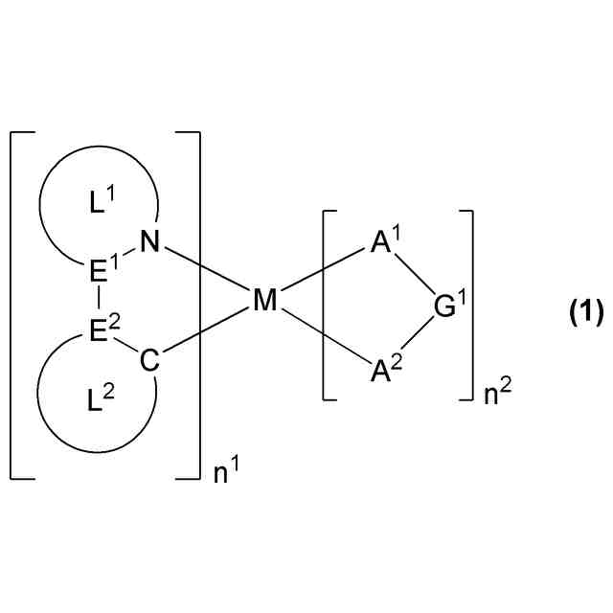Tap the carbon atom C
148,362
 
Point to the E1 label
101,272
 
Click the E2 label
101,332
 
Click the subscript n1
225,471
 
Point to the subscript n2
496,394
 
